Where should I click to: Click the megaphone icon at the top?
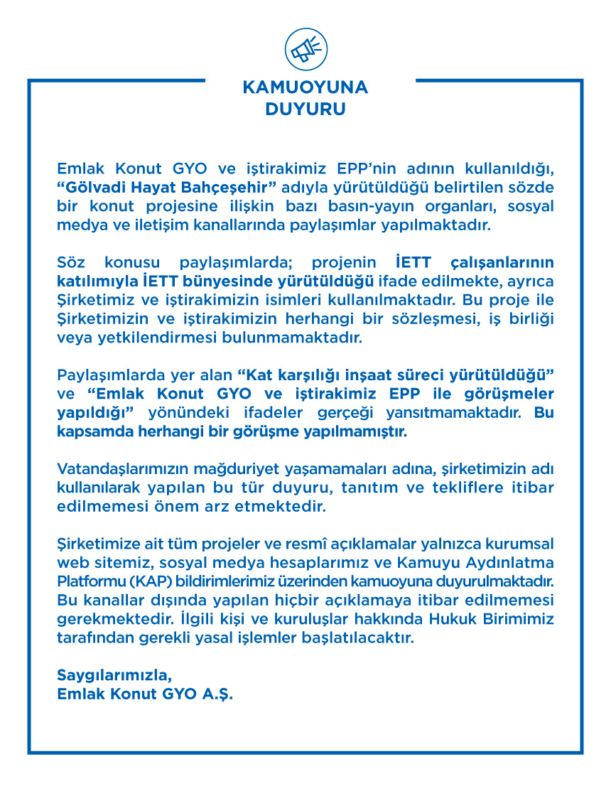[305, 48]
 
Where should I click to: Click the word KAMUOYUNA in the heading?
[305, 88]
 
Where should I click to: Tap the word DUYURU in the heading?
[305, 110]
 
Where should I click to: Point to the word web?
[70, 563]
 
